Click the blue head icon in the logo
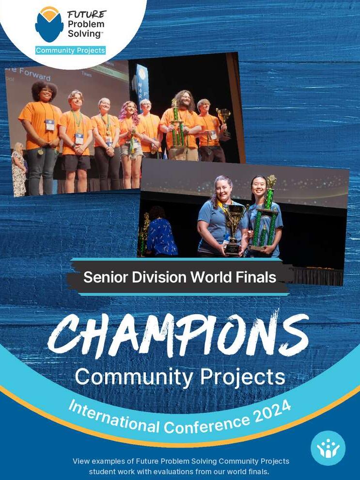coord(49,27)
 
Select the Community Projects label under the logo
coord(70,50)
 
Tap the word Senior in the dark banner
coord(104,277)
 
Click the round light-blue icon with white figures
coord(328,448)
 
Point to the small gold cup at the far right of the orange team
coord(223,116)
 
